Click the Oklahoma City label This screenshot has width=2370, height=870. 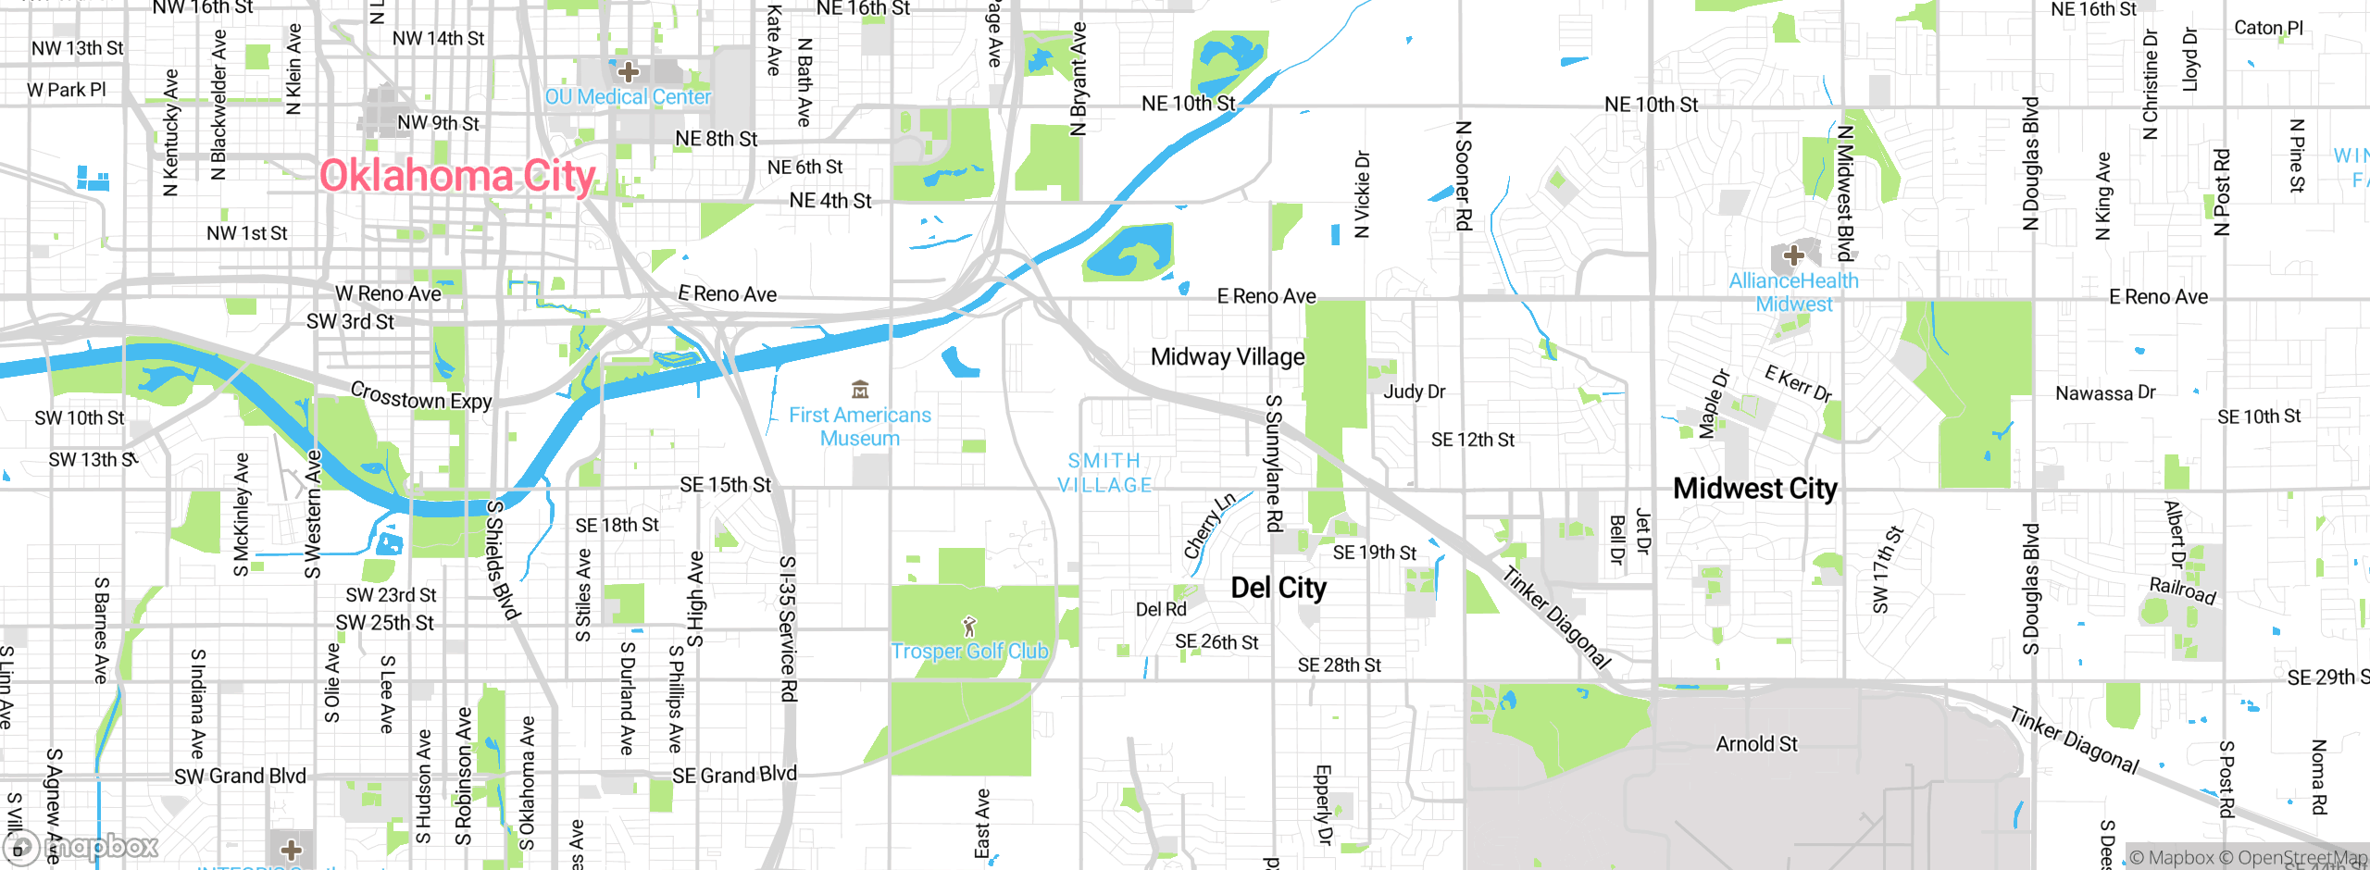click(x=457, y=176)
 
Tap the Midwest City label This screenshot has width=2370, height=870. click(x=1754, y=489)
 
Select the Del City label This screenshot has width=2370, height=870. click(x=1278, y=588)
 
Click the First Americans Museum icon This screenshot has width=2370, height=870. click(x=860, y=389)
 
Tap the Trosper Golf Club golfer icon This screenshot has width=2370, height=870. click(x=969, y=627)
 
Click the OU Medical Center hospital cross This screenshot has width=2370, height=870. click(x=629, y=71)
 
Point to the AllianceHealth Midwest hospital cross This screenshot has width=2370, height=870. click(x=1793, y=255)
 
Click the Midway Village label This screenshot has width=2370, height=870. click(x=1228, y=357)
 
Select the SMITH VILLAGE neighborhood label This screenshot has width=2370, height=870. click(x=1104, y=473)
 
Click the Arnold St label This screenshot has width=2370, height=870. click(x=1756, y=744)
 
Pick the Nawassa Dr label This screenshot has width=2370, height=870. click(x=2105, y=393)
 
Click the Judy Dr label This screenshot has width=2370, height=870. click(x=1414, y=391)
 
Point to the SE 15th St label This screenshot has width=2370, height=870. click(x=725, y=485)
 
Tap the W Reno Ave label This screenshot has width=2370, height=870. click(x=388, y=294)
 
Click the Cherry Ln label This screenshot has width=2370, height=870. click(x=1209, y=526)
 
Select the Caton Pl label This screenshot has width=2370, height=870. click(x=2268, y=28)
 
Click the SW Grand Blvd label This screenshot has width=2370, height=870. click(x=240, y=777)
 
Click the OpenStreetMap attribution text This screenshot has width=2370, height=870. click(x=2300, y=858)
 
